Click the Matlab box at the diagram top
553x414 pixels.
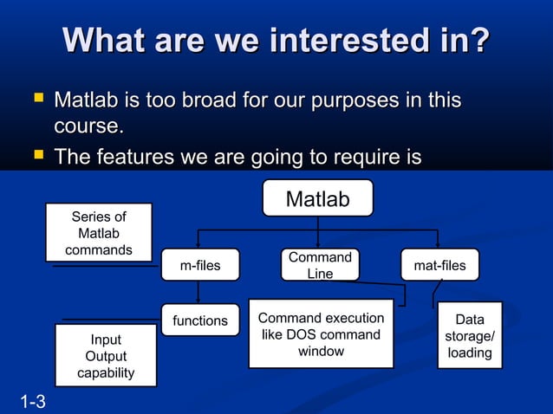317,199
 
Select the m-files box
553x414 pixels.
199,266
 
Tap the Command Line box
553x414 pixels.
320,265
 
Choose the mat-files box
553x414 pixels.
439,266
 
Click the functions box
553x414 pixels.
199,320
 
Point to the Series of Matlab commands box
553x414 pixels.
99,233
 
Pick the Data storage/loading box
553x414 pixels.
470,336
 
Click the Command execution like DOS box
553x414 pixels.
321,334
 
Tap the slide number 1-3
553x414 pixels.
34,401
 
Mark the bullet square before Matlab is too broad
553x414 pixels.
37,100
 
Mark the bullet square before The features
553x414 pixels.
37,157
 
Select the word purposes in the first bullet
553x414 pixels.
335,101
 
